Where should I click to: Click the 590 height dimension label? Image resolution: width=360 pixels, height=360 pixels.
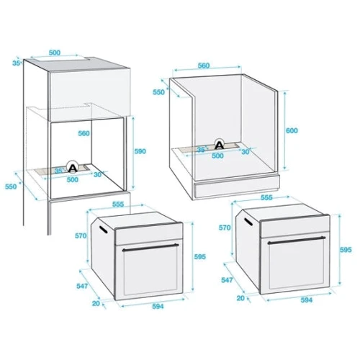(x=140, y=151)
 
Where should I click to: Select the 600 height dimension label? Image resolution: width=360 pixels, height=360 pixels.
(x=292, y=130)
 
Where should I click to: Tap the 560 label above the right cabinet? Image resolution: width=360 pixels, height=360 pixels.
(x=204, y=66)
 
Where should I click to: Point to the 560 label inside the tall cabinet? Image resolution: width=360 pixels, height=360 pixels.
(x=84, y=133)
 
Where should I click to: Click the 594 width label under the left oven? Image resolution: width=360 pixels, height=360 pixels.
(x=158, y=306)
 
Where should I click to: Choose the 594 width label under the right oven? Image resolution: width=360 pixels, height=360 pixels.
(x=307, y=300)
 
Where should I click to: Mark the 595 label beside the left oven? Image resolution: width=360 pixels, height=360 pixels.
(x=200, y=257)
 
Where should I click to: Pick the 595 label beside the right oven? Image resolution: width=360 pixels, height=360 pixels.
(x=346, y=250)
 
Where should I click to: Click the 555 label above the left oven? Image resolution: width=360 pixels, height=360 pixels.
(x=118, y=204)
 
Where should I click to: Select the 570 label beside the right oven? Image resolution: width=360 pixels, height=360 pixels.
(x=225, y=228)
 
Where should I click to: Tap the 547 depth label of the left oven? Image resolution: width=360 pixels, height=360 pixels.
(x=82, y=286)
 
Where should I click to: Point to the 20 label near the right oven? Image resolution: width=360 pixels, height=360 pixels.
(x=240, y=298)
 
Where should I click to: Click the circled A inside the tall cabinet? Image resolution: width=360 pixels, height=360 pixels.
(x=72, y=167)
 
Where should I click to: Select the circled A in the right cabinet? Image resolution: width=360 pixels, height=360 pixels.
(x=219, y=144)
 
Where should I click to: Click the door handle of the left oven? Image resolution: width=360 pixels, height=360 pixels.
(x=150, y=248)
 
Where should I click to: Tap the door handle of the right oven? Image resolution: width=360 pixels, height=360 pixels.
(x=297, y=240)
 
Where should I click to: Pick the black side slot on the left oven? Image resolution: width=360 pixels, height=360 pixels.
(x=104, y=229)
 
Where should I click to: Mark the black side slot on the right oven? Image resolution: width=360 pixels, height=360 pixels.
(x=248, y=222)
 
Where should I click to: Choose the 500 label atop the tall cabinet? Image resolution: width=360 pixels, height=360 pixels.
(x=55, y=53)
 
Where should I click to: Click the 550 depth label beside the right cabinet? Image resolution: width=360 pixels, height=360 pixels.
(x=158, y=92)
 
